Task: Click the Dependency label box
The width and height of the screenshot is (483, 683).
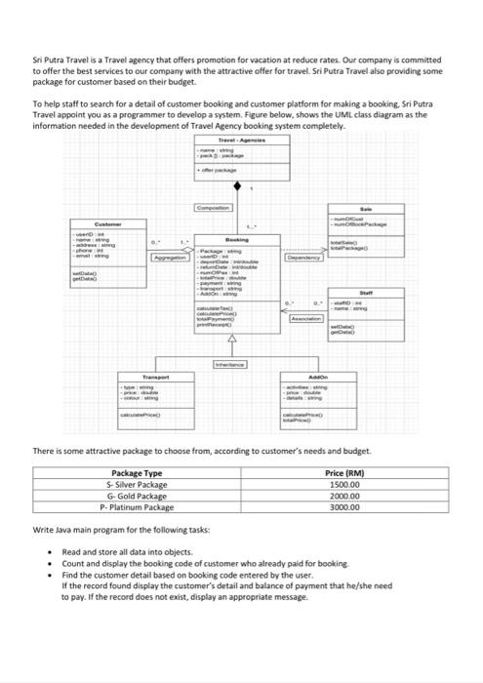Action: click(305, 259)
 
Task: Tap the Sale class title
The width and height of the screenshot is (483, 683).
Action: click(367, 208)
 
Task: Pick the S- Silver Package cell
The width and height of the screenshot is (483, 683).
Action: click(137, 484)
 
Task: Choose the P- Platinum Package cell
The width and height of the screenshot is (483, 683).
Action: click(137, 507)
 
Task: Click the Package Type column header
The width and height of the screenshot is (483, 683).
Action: click(137, 472)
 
